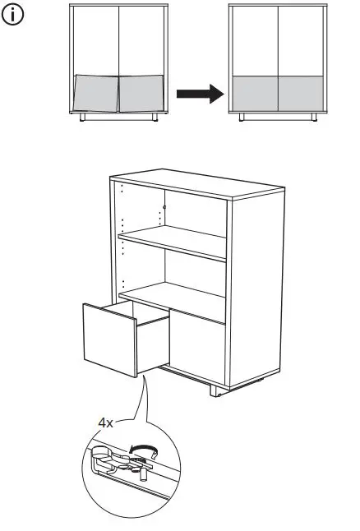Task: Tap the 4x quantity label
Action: (x=106, y=422)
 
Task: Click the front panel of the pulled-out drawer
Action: (x=108, y=339)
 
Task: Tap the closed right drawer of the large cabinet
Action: (x=197, y=345)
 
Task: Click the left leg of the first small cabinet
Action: (x=83, y=118)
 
